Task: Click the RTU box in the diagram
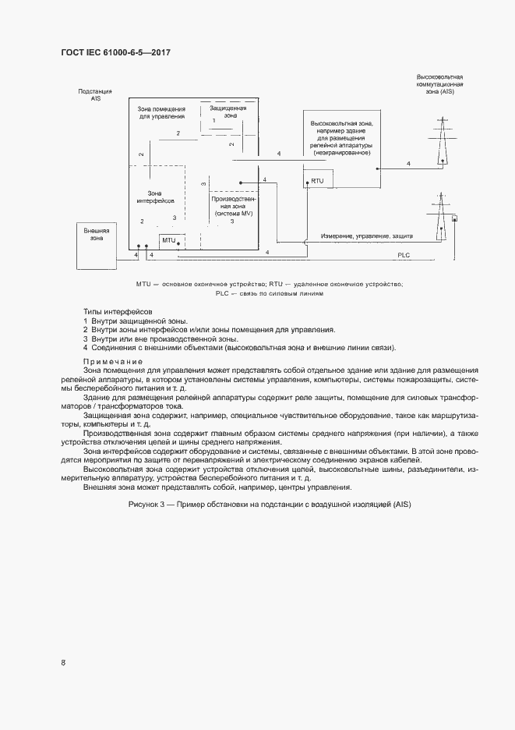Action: click(317, 181)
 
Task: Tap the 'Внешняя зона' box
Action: click(97, 235)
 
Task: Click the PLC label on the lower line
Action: click(404, 255)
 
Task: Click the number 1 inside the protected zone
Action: click(213, 121)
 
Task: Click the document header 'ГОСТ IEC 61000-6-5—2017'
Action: click(115, 53)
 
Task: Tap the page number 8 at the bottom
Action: click(63, 662)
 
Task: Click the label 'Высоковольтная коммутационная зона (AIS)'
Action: click(440, 85)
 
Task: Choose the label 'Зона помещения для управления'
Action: click(162, 112)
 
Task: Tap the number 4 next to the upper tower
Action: click(407, 164)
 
